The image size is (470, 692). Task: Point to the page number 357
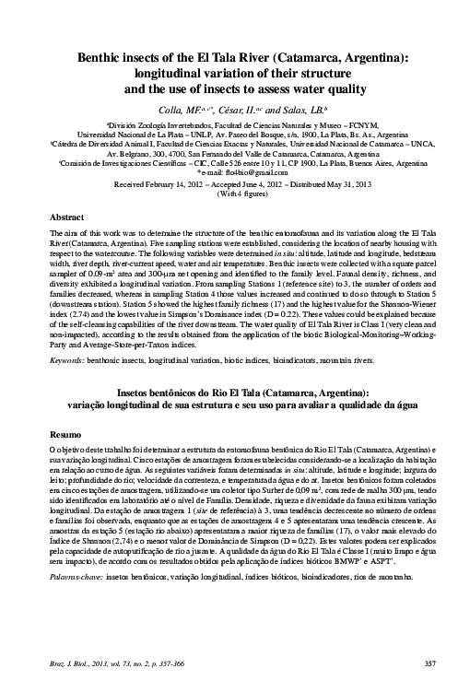click(429, 663)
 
